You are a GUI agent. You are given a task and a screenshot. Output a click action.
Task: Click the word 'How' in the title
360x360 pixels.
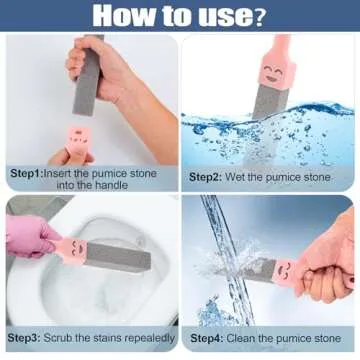pyautogui.click(x=124, y=16)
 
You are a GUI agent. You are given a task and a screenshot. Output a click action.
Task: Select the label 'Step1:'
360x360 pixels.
pyautogui.click(x=29, y=173)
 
